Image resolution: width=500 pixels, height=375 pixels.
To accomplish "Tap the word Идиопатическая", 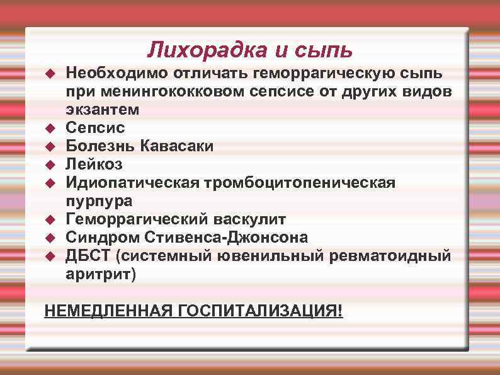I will click(132, 183).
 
